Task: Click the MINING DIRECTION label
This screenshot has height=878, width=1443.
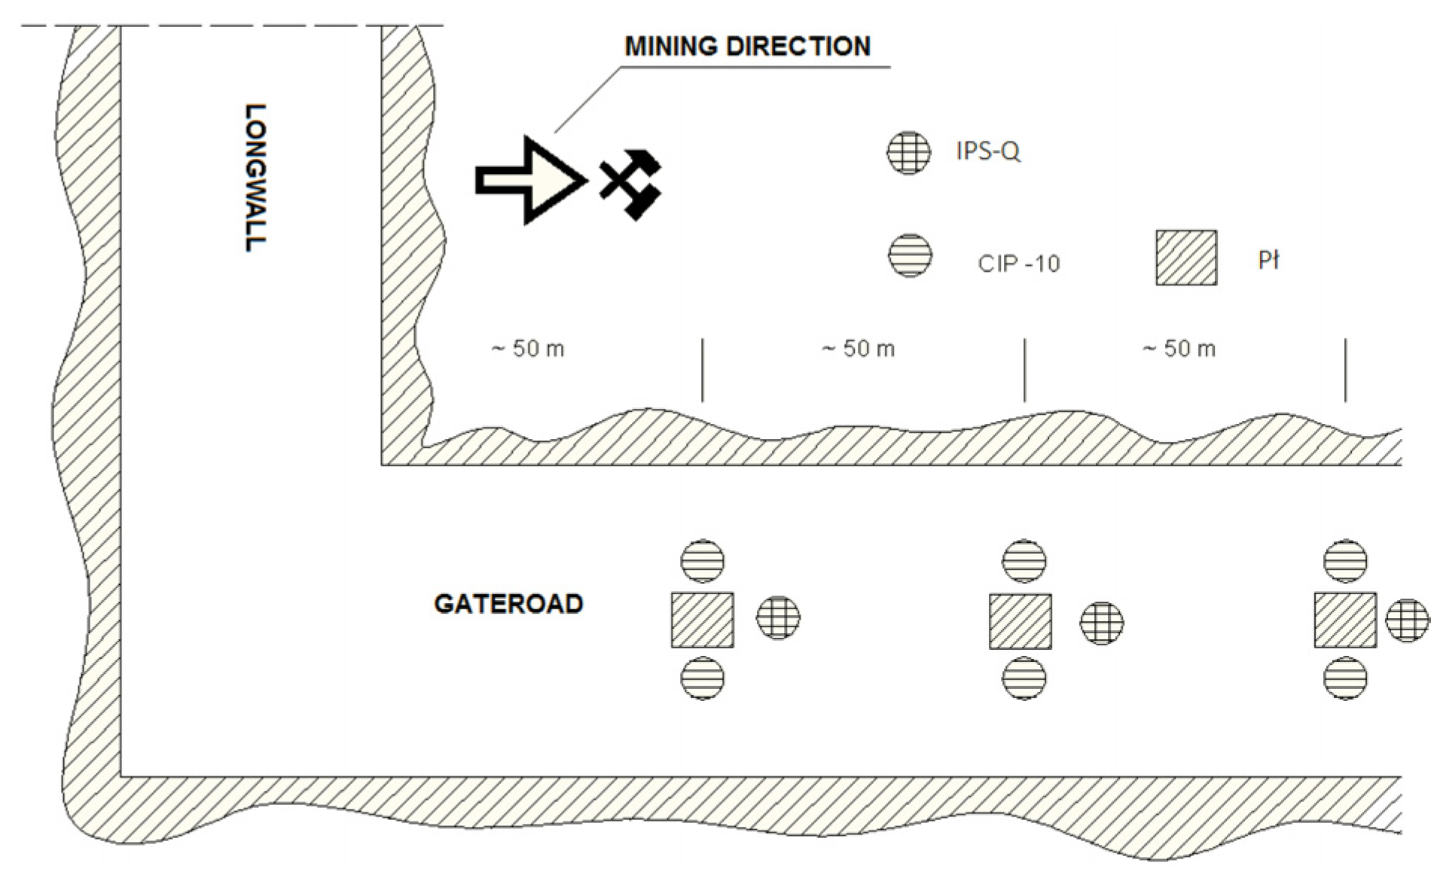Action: pyautogui.click(x=747, y=47)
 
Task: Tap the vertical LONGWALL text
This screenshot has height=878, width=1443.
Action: pyautogui.click(x=255, y=178)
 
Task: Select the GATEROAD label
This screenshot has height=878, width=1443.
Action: pyautogui.click(x=508, y=604)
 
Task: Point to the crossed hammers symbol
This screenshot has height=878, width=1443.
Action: pyautogui.click(x=631, y=183)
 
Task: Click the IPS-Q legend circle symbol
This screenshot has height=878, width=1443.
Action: pyautogui.click(x=908, y=152)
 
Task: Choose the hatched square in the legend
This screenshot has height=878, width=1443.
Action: pyautogui.click(x=1186, y=258)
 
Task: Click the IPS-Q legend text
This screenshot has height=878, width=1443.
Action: pyautogui.click(x=987, y=151)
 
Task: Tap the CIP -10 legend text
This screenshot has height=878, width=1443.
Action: pyautogui.click(x=1018, y=264)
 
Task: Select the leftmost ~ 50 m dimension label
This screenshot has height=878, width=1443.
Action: pyautogui.click(x=527, y=349)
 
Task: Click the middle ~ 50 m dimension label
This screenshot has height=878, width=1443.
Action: pyautogui.click(x=858, y=349)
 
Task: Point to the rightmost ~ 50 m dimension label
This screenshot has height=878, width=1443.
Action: pyautogui.click(x=1179, y=349)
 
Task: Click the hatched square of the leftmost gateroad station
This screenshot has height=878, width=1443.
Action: pyautogui.click(x=702, y=620)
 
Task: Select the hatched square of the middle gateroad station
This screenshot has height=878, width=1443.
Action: pyautogui.click(x=1020, y=621)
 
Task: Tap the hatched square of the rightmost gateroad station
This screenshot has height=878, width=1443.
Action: pyautogui.click(x=1345, y=620)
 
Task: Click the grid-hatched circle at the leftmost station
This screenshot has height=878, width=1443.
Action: pyautogui.click(x=778, y=617)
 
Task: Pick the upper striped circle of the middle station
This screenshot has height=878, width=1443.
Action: pyautogui.click(x=1024, y=561)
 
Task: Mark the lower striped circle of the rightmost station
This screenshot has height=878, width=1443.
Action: pyautogui.click(x=1345, y=678)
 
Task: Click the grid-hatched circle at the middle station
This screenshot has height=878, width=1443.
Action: pyautogui.click(x=1102, y=623)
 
